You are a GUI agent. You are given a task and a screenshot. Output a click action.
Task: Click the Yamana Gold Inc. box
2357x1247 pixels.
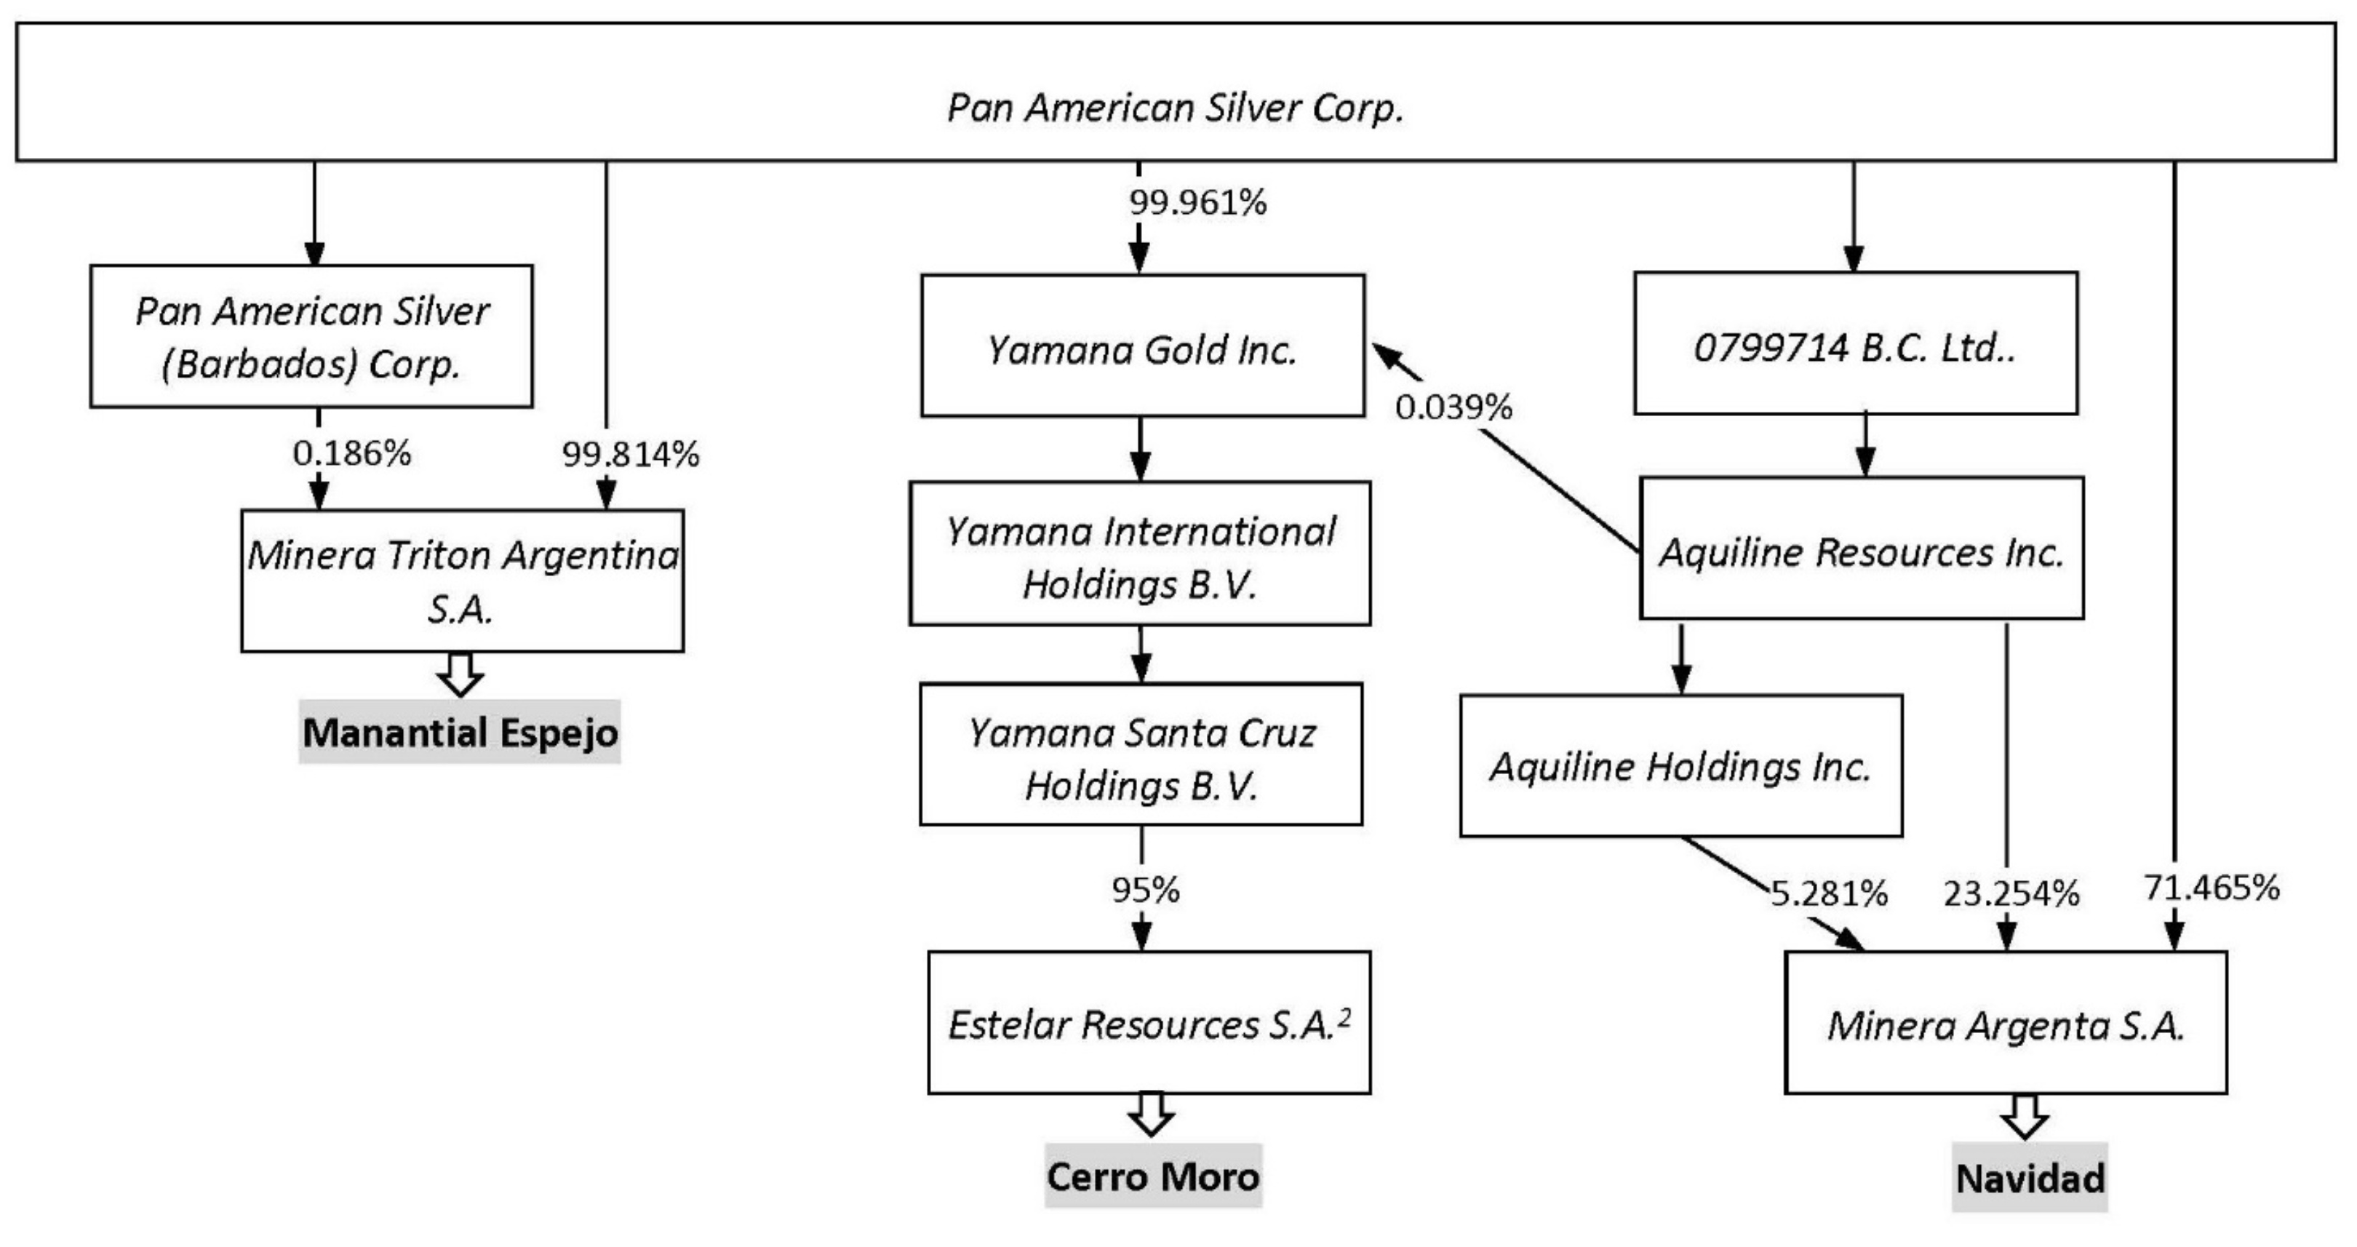[1142, 346]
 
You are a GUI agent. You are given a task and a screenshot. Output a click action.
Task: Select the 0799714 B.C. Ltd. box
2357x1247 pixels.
[1854, 343]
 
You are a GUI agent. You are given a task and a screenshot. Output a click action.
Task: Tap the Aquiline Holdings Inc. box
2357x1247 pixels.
[1681, 766]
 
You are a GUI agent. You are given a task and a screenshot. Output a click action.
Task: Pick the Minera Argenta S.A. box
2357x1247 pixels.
[2005, 1023]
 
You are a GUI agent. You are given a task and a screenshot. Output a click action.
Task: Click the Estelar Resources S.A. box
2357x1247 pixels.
[1148, 1023]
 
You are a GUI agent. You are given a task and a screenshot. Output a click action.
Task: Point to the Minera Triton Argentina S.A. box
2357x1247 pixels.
[462, 581]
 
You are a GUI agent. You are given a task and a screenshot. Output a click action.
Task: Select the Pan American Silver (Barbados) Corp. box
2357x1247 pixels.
[311, 337]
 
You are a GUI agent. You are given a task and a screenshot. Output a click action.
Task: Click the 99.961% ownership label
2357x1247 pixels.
[1197, 202]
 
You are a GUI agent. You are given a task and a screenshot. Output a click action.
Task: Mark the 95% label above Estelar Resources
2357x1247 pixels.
[1146, 889]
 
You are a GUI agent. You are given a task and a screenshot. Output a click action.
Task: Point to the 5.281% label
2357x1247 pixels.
[1828, 893]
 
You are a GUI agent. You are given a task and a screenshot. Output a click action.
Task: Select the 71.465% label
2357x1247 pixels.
[2211, 888]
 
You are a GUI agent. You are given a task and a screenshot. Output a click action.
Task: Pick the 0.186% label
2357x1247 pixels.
[351, 453]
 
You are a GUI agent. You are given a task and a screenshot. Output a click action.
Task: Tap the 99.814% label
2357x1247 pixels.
[631, 454]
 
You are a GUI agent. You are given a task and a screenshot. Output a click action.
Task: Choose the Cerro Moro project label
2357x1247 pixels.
[1153, 1176]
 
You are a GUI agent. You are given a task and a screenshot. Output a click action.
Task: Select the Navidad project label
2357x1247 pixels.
[2030, 1179]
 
